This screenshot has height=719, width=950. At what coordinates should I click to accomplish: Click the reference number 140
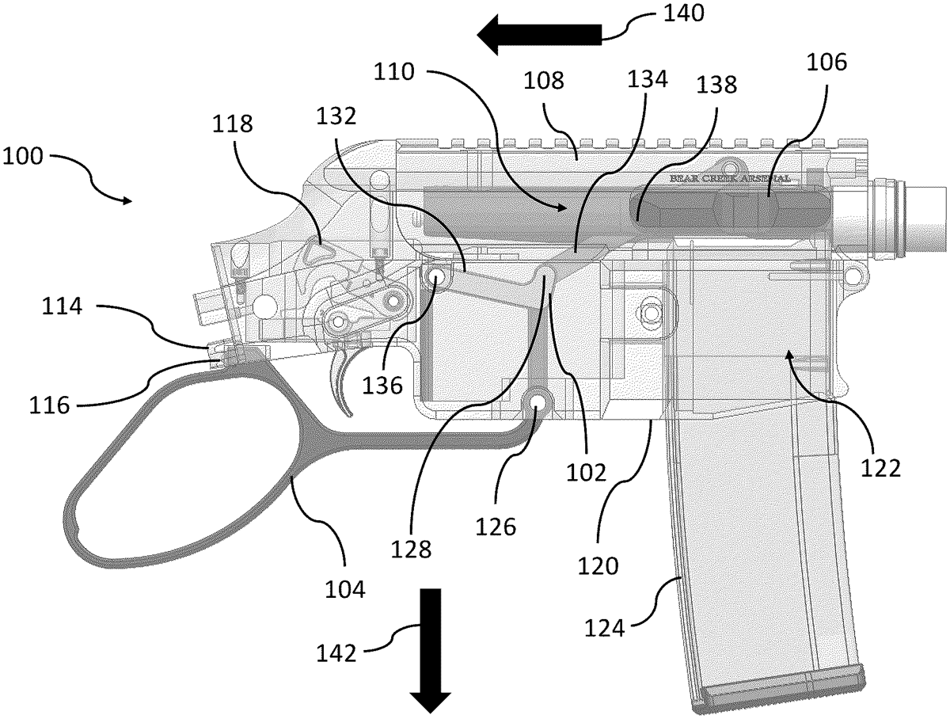684,13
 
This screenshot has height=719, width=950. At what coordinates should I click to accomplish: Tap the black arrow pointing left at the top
539,35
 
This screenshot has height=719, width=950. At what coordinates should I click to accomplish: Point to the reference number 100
23,156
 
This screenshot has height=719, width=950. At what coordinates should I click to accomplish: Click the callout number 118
233,124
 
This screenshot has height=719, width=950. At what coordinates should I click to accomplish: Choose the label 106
826,63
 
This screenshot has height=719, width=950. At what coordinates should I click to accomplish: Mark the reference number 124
605,628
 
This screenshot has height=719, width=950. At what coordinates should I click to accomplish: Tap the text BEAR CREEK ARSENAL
730,178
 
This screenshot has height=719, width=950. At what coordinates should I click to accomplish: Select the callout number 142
336,652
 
